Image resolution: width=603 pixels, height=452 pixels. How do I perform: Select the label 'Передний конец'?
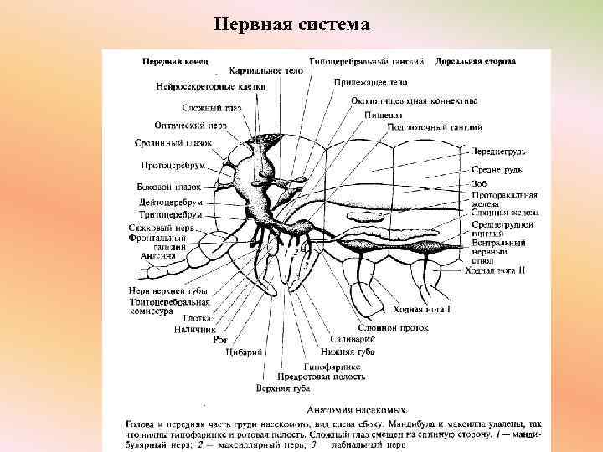tap(174, 62)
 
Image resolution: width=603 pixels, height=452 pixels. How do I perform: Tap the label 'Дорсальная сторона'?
tap(476, 62)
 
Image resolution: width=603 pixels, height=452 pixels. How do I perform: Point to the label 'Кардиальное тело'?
tap(266, 72)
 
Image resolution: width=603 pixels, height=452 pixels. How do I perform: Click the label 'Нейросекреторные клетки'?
tap(211, 86)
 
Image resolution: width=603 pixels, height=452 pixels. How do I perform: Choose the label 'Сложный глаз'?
tap(213, 108)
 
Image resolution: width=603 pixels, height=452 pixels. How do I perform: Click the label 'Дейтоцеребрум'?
tap(171, 203)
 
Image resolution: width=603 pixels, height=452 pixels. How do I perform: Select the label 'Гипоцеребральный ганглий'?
tap(368, 62)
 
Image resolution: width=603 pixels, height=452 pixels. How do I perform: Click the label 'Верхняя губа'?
tap(283, 389)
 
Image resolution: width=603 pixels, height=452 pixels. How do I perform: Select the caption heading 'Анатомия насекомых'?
tap(358, 410)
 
